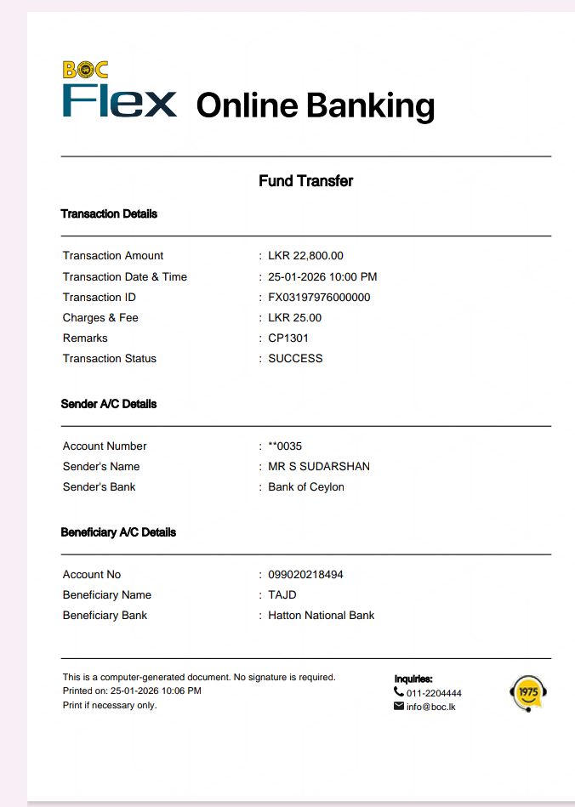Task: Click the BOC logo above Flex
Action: [x=85, y=70]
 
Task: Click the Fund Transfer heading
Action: [x=305, y=181]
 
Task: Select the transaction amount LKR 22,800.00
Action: [x=305, y=256]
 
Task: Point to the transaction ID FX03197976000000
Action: [x=319, y=298]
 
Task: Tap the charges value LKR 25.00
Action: [x=294, y=318]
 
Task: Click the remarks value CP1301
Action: [x=288, y=338]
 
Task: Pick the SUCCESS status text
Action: [x=295, y=359]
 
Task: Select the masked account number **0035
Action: [x=285, y=446]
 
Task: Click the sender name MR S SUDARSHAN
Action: [x=319, y=467]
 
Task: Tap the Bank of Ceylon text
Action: [x=306, y=487]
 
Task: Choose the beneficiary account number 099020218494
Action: [x=305, y=575]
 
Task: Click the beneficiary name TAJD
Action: [x=282, y=595]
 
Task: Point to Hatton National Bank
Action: [x=322, y=616]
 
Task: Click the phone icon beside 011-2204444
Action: [x=399, y=692]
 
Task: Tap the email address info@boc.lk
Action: [x=431, y=707]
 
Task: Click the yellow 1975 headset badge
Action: [x=527, y=693]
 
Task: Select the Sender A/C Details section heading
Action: [x=109, y=404]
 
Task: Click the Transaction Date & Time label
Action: [x=125, y=277]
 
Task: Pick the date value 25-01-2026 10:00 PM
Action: [x=322, y=277]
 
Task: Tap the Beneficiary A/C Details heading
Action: [x=118, y=532]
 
